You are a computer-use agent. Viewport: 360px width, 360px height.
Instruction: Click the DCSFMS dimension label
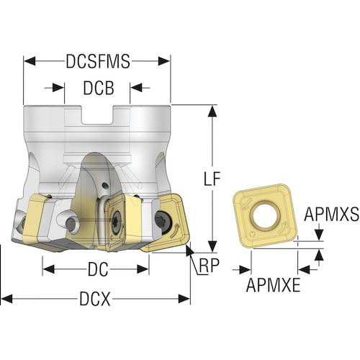(x=98, y=61)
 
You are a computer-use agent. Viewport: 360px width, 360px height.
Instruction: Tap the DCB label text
(x=99, y=88)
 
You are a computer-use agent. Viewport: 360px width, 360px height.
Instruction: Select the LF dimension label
(x=212, y=179)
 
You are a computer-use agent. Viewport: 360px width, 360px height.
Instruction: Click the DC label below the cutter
(x=98, y=269)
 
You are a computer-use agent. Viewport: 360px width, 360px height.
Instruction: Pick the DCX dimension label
(x=95, y=299)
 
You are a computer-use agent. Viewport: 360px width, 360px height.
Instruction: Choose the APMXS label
(x=332, y=215)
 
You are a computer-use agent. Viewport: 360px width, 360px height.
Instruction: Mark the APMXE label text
(x=273, y=285)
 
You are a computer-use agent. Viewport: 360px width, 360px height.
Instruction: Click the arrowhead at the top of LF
(x=212, y=111)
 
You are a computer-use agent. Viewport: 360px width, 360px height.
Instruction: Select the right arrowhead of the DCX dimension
(x=184, y=299)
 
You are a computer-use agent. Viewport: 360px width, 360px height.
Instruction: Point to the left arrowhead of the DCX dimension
(x=6, y=299)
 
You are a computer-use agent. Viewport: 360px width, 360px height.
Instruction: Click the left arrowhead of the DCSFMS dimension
(x=30, y=61)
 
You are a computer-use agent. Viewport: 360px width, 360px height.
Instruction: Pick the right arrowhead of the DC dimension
(x=143, y=269)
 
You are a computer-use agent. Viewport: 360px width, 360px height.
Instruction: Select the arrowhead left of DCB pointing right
(x=58, y=88)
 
